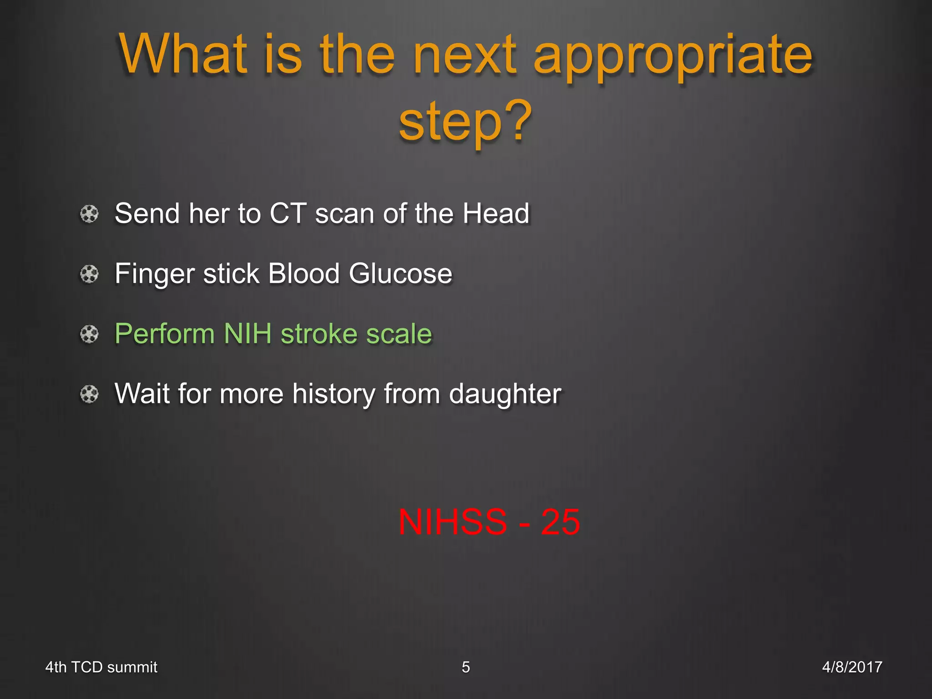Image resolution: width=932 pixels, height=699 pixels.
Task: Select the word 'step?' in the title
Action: (465, 121)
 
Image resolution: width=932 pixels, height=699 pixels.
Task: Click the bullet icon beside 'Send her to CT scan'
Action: (89, 213)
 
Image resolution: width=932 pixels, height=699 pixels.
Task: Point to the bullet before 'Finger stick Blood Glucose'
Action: (89, 274)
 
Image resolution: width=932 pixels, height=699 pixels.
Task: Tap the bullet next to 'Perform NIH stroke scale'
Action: (89, 334)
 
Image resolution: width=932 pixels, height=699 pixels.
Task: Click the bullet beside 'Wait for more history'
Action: (89, 394)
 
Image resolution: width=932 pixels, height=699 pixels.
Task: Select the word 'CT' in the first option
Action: (288, 213)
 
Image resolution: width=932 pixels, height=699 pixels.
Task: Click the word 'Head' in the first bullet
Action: (496, 213)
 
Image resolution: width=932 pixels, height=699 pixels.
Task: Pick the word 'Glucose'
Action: (400, 274)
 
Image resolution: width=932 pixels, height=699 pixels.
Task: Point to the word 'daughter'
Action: (505, 394)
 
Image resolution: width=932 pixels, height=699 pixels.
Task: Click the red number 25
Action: (560, 522)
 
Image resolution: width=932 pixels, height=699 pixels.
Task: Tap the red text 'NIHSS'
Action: (452, 522)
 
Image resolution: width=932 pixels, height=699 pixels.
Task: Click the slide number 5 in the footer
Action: (466, 667)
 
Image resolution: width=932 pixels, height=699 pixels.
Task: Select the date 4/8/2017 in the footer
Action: (852, 667)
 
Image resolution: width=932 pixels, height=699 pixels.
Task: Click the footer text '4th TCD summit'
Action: (101, 667)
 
